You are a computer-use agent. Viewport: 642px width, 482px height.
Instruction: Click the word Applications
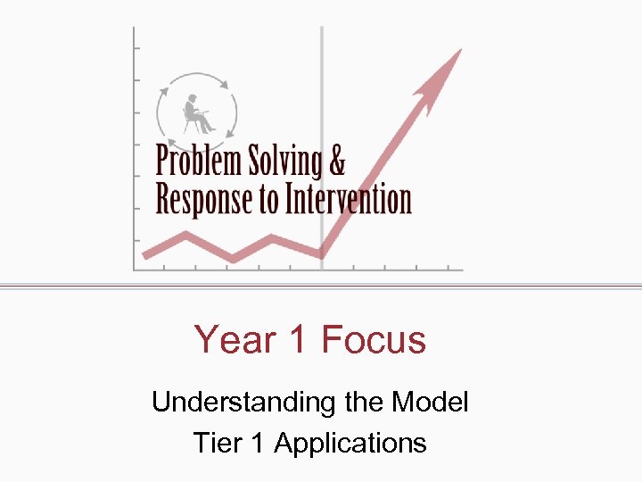coord(350,443)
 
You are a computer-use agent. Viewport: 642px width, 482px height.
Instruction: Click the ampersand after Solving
coord(336,162)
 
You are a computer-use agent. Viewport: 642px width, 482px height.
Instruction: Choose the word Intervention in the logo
coord(348,199)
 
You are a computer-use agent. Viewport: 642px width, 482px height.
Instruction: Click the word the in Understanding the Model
coord(363,403)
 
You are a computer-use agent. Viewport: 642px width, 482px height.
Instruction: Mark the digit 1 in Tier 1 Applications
coord(259,443)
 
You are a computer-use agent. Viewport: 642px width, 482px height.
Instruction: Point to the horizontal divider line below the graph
coord(321,287)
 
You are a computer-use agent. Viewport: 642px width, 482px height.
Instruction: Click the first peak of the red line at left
coord(186,235)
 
